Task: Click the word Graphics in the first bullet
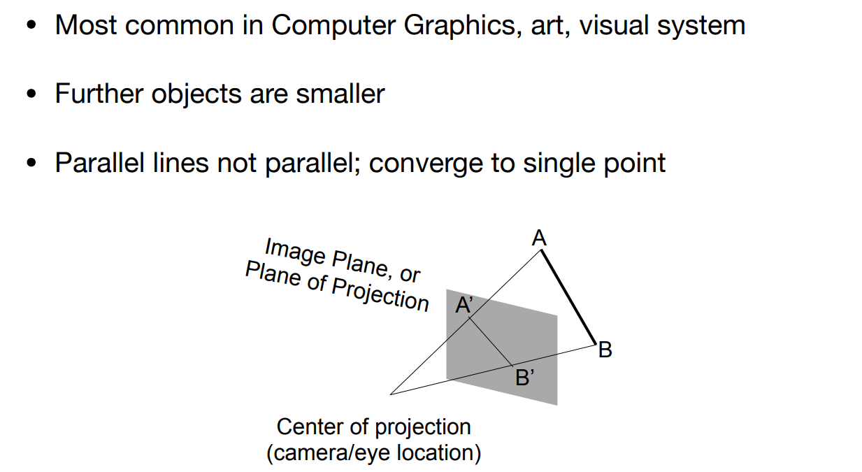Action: point(454,26)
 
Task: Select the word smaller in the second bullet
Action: point(340,94)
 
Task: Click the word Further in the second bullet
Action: point(94,94)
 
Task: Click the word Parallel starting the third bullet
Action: point(97,163)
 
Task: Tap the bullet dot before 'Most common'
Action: point(31,27)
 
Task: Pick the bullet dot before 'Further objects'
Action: point(31,94)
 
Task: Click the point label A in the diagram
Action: point(538,239)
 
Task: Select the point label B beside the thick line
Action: point(605,350)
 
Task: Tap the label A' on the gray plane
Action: point(464,305)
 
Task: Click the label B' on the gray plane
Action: point(524,378)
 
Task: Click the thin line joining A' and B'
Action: point(491,342)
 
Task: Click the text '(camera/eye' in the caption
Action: point(329,453)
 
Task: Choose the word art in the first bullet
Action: point(545,26)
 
